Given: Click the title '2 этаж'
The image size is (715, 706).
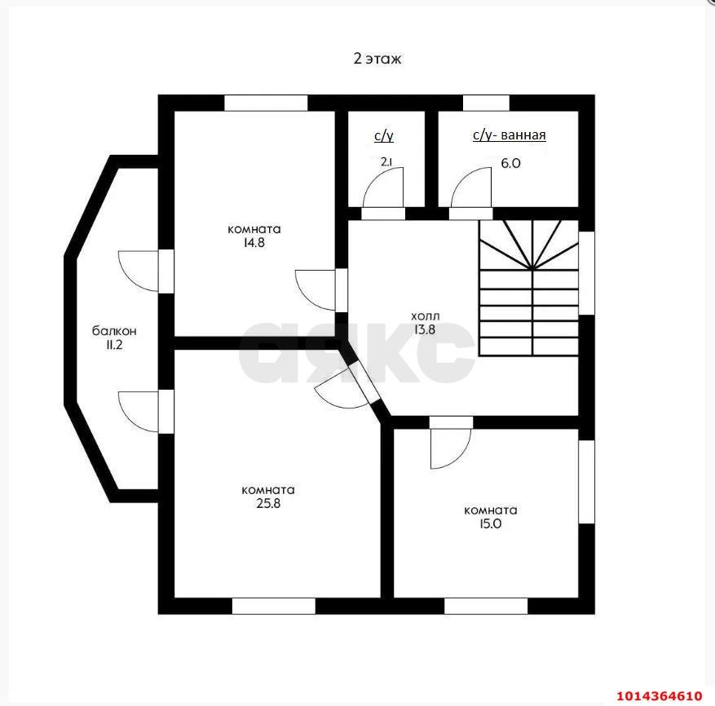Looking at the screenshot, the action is (x=377, y=59).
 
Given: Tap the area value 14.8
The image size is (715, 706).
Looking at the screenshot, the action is (x=254, y=243).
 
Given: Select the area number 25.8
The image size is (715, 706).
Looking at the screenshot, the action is (x=268, y=504).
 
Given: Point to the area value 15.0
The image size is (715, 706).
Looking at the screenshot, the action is (x=491, y=523).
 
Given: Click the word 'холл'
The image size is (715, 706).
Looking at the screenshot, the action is (x=426, y=316).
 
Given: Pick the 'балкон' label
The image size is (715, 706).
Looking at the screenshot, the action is (x=114, y=331).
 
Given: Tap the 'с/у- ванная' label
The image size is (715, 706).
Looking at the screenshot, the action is (x=510, y=135).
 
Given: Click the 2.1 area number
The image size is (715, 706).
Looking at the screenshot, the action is (x=386, y=161).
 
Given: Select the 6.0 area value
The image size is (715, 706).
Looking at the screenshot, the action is (x=510, y=163).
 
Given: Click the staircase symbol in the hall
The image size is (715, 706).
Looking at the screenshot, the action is (x=528, y=289).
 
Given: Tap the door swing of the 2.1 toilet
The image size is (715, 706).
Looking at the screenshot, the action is (x=383, y=188).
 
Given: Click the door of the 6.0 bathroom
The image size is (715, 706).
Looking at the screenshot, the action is (x=471, y=188).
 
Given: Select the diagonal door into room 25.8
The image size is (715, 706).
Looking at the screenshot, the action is (x=342, y=389).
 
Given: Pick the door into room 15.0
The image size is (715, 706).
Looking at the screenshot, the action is (x=451, y=448).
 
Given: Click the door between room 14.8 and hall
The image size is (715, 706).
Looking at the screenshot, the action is (x=316, y=290).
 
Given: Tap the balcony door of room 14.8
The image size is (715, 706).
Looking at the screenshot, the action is (x=139, y=271).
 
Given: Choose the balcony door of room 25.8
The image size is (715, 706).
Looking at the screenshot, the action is (x=139, y=412).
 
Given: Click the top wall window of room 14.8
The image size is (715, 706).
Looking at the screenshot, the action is (x=267, y=103).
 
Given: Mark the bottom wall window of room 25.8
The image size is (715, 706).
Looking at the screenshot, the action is (x=274, y=606).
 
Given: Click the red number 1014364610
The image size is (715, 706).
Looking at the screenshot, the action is (x=660, y=695).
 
